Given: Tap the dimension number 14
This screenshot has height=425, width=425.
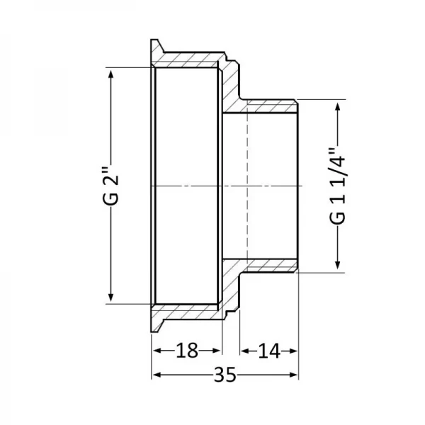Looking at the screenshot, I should point(269,351).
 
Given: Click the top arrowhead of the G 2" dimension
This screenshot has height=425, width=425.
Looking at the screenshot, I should point(110,72).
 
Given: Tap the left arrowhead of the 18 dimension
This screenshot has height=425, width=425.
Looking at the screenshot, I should point(157,351).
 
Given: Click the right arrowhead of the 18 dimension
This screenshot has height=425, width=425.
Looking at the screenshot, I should point(217,351).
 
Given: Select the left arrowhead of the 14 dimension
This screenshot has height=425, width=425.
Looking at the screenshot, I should point(245,351).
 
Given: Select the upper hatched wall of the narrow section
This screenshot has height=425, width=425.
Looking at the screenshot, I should point(269,106).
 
